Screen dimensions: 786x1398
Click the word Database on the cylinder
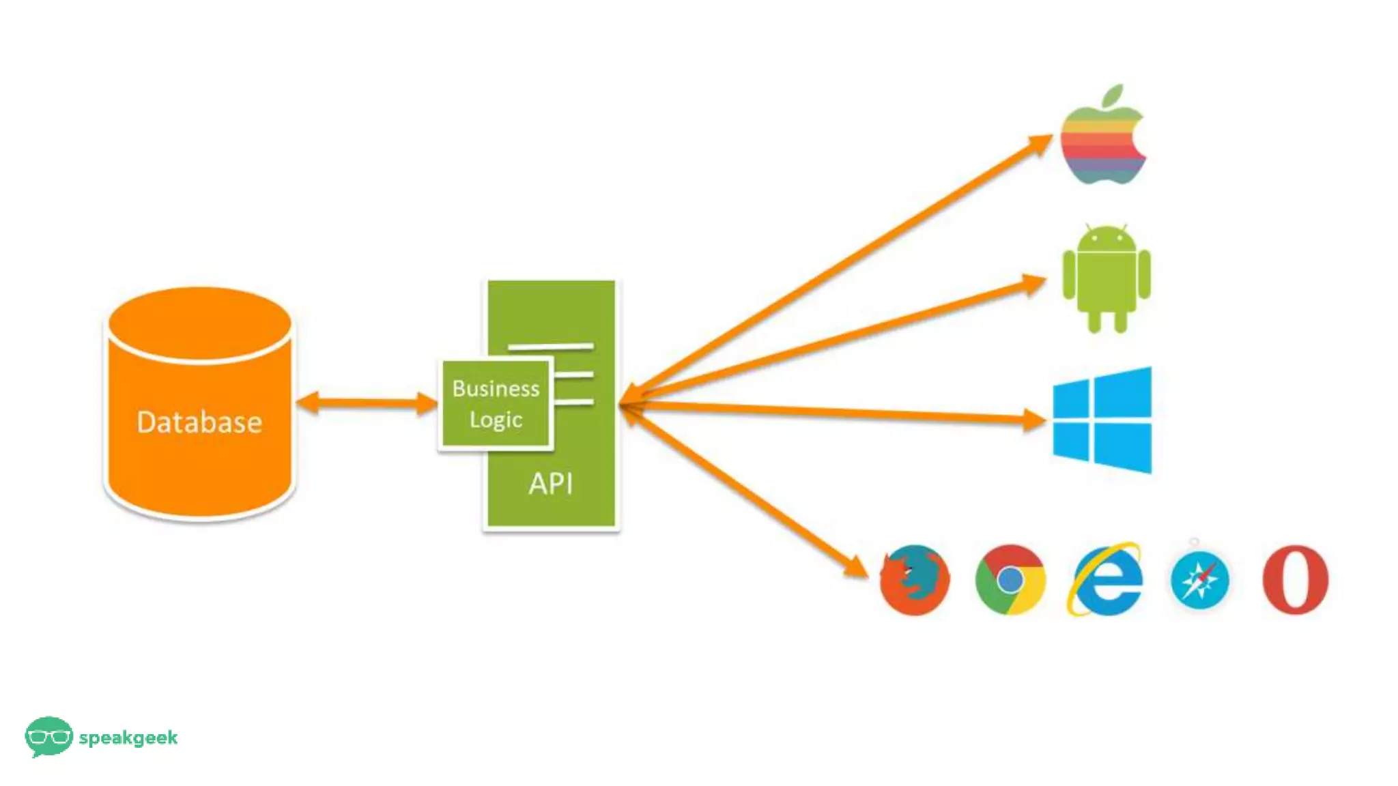coord(199,422)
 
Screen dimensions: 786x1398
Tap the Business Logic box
coord(496,404)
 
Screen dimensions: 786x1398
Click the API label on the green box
coord(550,484)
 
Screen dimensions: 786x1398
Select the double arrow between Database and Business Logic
coord(367,403)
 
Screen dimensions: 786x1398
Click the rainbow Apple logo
coord(1102,143)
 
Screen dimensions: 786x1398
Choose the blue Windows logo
coord(1102,420)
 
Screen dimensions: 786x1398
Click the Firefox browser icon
coord(914,580)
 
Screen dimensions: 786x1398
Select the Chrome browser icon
coord(1010,580)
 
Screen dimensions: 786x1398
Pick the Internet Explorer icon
coord(1106,580)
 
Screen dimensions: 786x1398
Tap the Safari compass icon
coord(1199,580)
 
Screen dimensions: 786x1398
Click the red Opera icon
coord(1295,580)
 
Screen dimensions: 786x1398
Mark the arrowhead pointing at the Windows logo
coord(1034,420)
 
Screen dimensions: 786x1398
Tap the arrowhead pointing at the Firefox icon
coord(856,566)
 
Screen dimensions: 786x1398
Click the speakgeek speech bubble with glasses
coord(48,736)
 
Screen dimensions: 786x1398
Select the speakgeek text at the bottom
coord(128,738)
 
